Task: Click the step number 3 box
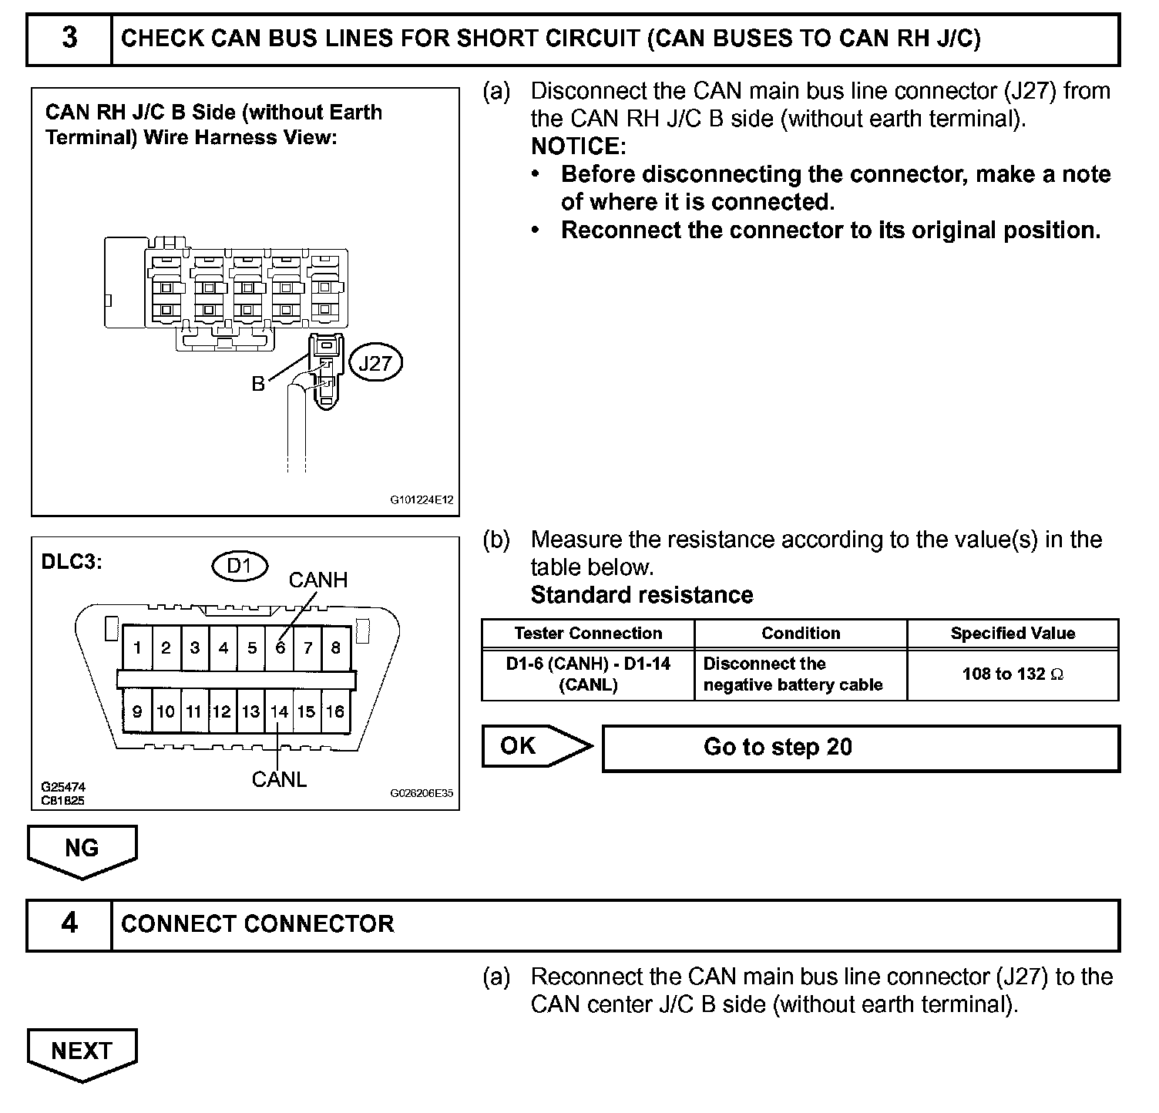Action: click(x=69, y=39)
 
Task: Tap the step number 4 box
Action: click(x=69, y=923)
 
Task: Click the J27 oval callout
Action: click(x=376, y=363)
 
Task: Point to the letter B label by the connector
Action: click(x=258, y=384)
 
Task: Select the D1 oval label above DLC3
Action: click(x=240, y=567)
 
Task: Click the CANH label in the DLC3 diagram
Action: click(x=318, y=580)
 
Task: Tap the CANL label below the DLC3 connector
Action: click(x=279, y=780)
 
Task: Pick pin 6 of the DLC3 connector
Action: click(x=280, y=647)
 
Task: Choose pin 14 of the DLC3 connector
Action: click(x=279, y=711)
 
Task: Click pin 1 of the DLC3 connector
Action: click(x=137, y=647)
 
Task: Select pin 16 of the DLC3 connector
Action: click(x=335, y=711)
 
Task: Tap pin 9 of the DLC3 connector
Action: click(x=137, y=711)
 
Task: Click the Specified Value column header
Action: click(x=1013, y=634)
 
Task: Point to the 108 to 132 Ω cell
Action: click(x=1013, y=674)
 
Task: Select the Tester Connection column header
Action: click(x=588, y=634)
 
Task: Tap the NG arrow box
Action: click(x=82, y=849)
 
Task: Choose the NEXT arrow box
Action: click(x=82, y=1051)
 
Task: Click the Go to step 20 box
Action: click(x=860, y=748)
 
